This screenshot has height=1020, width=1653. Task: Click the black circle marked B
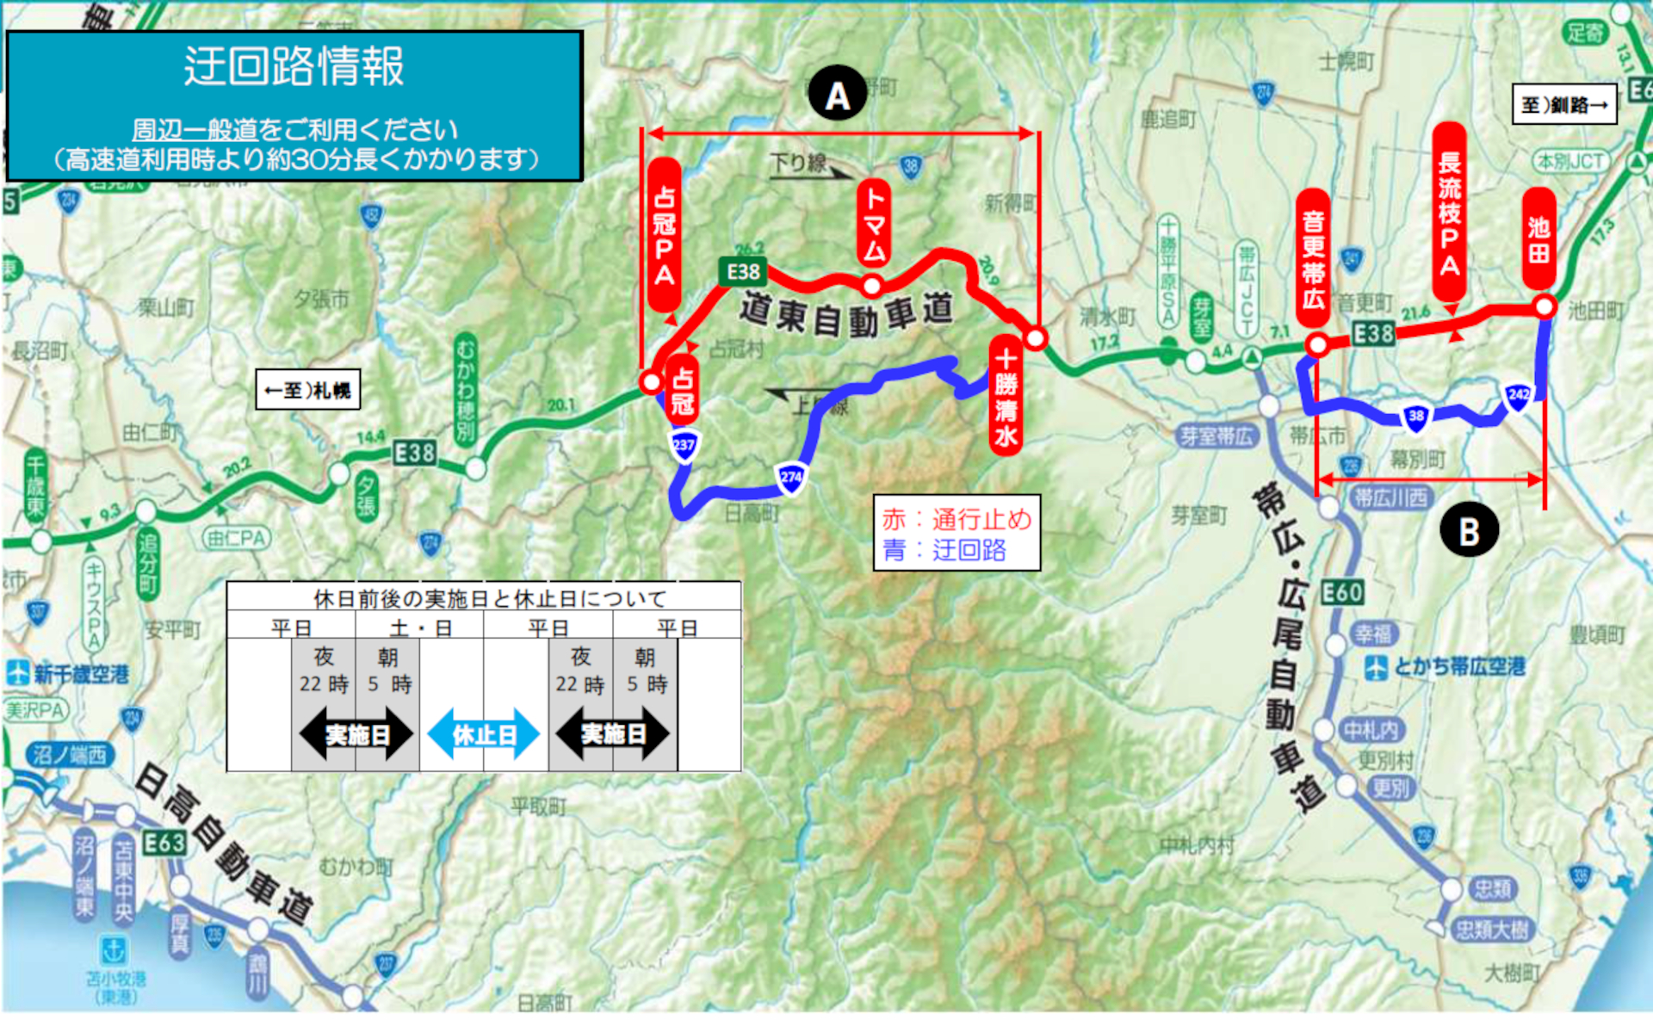[1469, 530]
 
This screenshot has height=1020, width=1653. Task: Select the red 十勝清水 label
[1006, 397]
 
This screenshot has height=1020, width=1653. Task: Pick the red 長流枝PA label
[1450, 212]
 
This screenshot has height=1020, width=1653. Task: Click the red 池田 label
[1538, 239]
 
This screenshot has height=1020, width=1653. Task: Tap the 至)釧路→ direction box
[1564, 104]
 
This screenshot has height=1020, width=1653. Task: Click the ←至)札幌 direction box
[307, 390]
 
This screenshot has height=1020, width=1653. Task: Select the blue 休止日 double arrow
[483, 734]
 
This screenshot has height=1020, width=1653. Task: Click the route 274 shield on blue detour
[790, 478]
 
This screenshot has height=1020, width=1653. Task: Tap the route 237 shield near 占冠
[684, 446]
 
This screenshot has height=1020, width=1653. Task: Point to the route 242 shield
[1518, 395]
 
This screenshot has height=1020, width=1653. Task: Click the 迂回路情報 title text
[294, 66]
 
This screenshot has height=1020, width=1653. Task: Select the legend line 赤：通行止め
[957, 519]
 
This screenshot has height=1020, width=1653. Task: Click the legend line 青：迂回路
[944, 550]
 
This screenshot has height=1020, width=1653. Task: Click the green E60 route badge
[1341, 592]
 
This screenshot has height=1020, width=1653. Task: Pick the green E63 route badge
[164, 842]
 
